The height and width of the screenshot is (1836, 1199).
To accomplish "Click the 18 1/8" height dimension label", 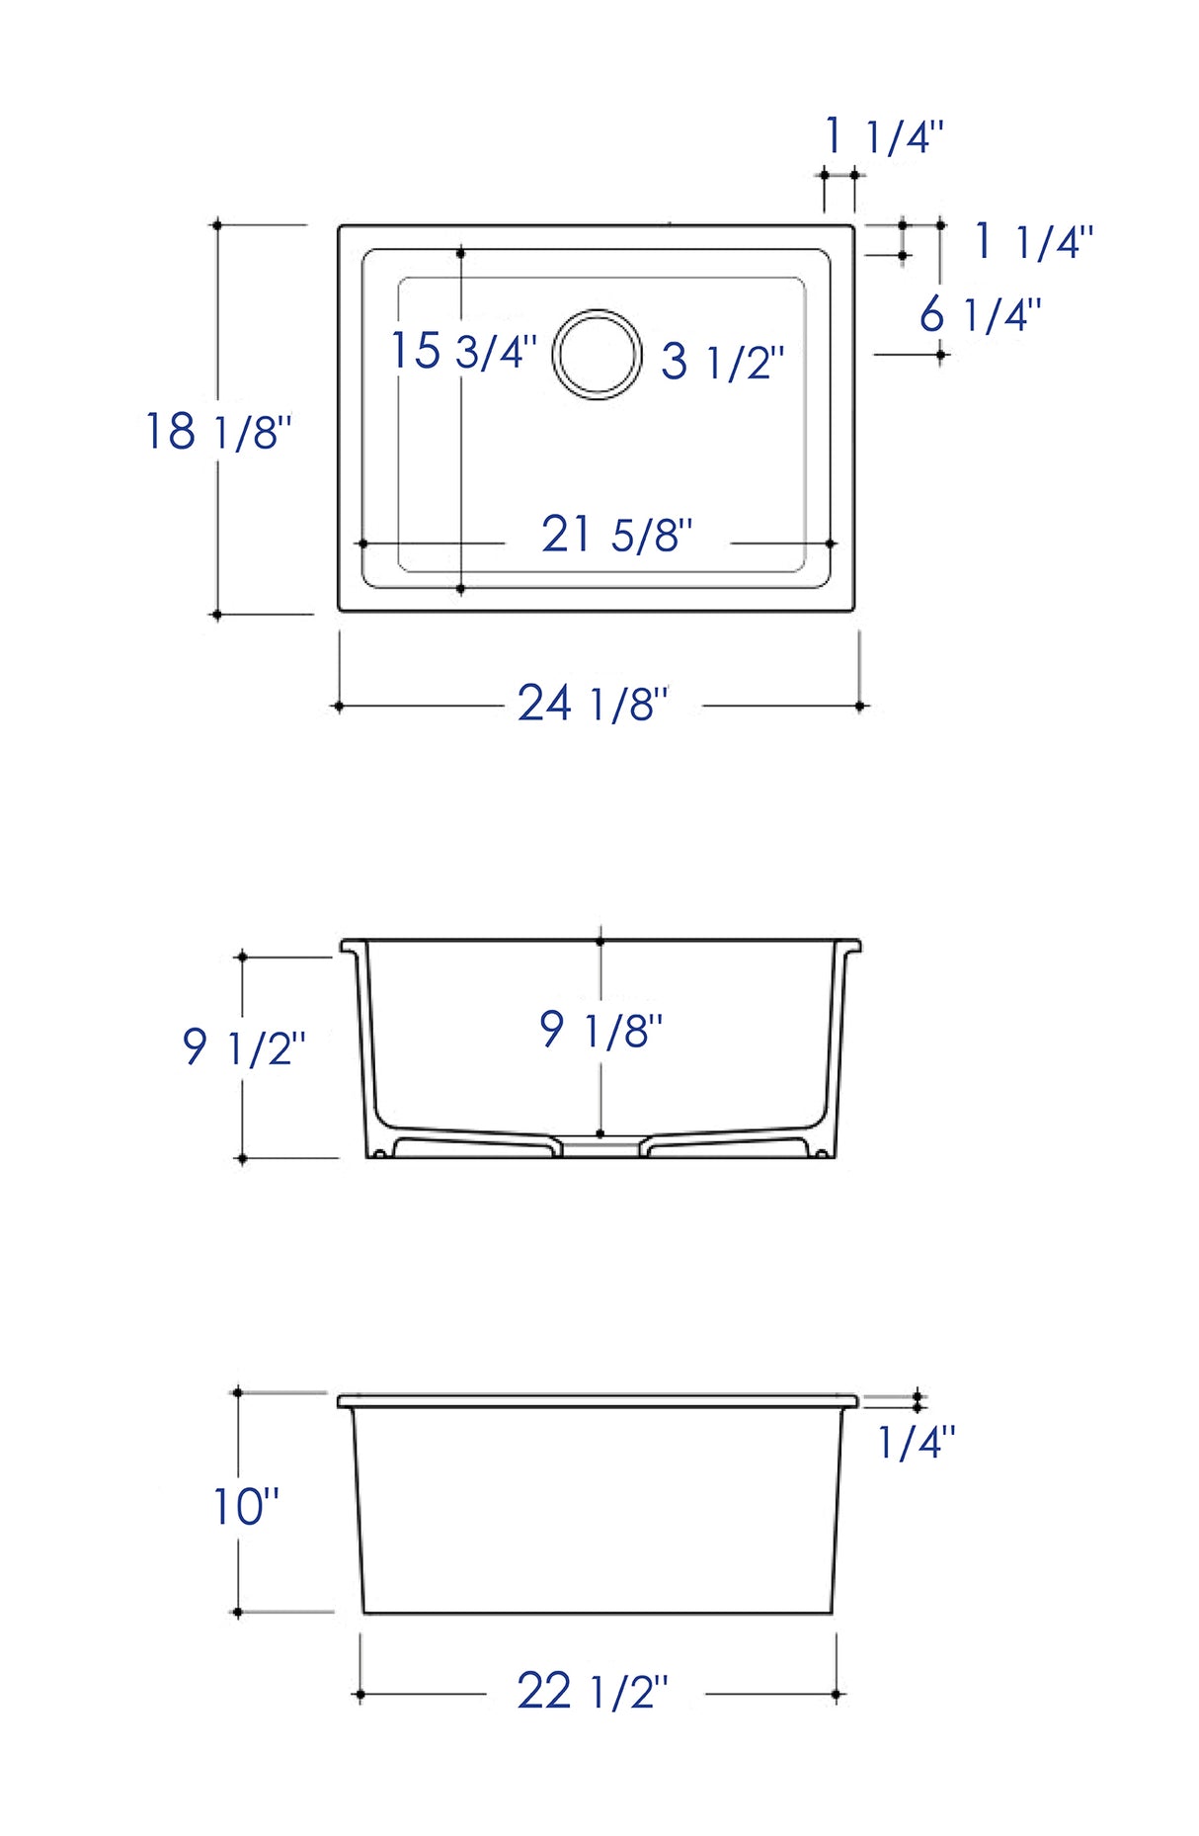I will pos(218,432).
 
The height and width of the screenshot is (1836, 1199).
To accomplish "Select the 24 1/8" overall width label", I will pos(593,705).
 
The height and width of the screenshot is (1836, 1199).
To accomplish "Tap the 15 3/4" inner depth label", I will pos(463,351).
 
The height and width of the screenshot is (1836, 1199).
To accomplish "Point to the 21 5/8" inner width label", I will pos(616,536).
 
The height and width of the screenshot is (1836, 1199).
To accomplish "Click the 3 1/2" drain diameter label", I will pos(723,362).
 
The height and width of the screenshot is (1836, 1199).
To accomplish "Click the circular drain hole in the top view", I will pos(597,354).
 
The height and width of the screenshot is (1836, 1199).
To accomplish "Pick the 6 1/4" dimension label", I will pos(980,315).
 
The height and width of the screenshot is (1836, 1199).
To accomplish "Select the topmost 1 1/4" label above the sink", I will pos(884,135).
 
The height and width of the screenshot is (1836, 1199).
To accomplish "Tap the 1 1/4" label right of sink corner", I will pos(1033,242).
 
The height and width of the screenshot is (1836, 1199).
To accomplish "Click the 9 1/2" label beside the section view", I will pos(244,1047).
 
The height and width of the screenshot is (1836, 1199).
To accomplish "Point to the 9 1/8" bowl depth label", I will pos(600,1031).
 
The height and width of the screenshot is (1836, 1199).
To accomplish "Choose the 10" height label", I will pos(246,1507).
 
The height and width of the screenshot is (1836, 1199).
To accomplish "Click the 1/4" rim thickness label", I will pos(917,1443).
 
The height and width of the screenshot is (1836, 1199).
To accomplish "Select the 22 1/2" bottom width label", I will pos(593,1692).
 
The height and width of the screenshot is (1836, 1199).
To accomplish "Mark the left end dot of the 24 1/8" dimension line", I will pos(339,707).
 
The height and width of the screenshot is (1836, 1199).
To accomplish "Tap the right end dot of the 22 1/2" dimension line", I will pos(836,1695).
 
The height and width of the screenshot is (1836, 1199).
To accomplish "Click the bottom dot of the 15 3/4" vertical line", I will pos(461,589).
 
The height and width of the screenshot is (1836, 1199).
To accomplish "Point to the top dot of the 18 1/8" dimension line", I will pos(217,225).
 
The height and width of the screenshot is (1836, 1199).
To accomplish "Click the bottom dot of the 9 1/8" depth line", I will pos(600,1133).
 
